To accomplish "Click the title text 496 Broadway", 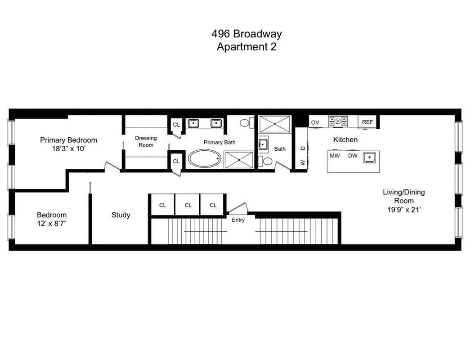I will coord(247,34).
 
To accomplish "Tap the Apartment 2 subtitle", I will coord(247,47).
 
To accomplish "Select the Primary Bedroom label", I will coord(68,140).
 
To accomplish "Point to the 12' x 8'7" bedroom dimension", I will coord(52,223).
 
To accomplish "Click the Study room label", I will coord(121,215).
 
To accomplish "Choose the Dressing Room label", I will coord(146,141).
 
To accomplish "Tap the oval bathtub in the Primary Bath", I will coord(205,159).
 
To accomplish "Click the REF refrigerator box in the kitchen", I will coord(368,122).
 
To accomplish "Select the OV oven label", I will coord(315,122).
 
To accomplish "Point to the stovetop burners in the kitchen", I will coord(337,121).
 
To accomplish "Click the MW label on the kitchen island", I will coord(335,156).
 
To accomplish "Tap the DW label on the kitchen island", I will coord(353,156).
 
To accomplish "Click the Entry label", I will coord(238,220).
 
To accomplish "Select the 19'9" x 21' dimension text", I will coord(404,209).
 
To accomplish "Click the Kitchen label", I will coord(345,139).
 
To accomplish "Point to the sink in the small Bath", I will coord(263,145).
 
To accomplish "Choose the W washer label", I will coord(303,162).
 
